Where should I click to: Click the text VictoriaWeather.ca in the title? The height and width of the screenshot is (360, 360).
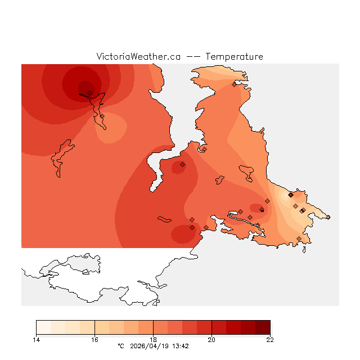tap(138, 57)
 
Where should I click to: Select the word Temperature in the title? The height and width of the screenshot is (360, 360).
tap(234, 57)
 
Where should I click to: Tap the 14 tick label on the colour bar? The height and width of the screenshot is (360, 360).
tap(36, 339)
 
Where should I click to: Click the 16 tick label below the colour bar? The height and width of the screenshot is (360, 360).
tap(94, 339)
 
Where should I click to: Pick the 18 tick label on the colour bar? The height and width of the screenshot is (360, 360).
tap(153, 339)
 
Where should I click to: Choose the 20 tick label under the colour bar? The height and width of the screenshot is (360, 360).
tap(211, 339)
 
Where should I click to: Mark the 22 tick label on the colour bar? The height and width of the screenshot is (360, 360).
tap(270, 339)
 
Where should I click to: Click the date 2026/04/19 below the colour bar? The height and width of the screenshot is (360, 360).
tap(149, 346)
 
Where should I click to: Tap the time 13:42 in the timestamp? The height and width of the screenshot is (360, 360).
tap(180, 346)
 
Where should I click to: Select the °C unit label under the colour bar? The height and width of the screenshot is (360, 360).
tap(120, 346)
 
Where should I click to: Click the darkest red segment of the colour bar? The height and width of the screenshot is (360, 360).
tap(263, 327)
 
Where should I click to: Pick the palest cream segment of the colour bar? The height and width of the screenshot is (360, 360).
tap(43, 327)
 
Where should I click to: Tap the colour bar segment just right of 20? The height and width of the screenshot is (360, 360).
tap(219, 327)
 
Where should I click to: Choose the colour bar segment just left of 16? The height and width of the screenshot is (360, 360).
tap(87, 327)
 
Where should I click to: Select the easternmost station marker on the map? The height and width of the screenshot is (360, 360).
tap(328, 217)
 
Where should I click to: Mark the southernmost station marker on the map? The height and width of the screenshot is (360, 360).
tap(299, 238)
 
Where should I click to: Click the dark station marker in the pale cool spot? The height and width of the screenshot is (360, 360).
tap(290, 195)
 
